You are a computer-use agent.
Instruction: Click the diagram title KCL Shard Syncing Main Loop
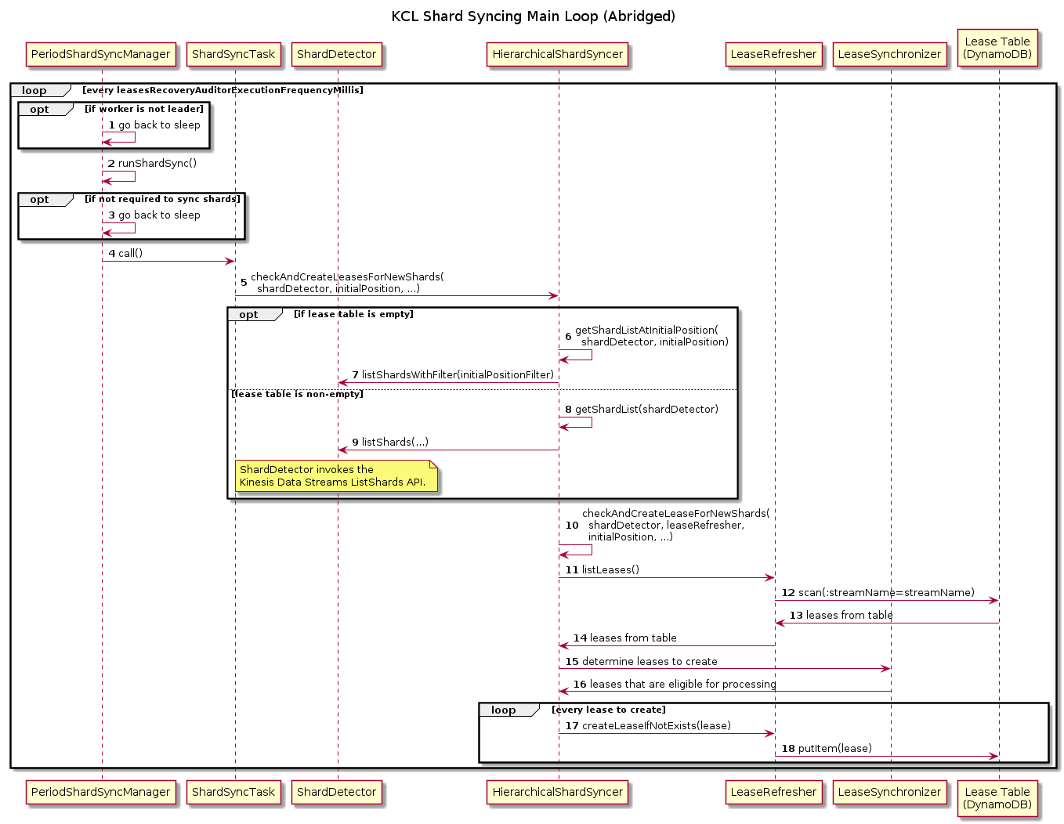click(x=533, y=16)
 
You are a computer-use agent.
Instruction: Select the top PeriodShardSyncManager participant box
click(x=100, y=54)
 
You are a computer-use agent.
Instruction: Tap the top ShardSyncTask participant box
click(x=233, y=54)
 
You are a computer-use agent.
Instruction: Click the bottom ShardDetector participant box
click(x=337, y=792)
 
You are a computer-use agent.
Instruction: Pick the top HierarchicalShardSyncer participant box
click(x=558, y=54)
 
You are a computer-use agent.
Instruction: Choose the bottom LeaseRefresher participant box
click(x=773, y=792)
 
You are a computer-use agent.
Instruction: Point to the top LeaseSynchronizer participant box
click(x=889, y=54)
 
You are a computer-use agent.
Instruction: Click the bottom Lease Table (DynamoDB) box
click(x=997, y=797)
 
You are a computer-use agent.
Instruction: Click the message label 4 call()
click(x=126, y=254)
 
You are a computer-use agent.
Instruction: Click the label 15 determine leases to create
click(x=642, y=662)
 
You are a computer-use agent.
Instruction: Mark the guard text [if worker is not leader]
click(x=144, y=109)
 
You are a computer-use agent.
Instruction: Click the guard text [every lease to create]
click(x=609, y=710)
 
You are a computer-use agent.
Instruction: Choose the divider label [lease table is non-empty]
click(x=298, y=394)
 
